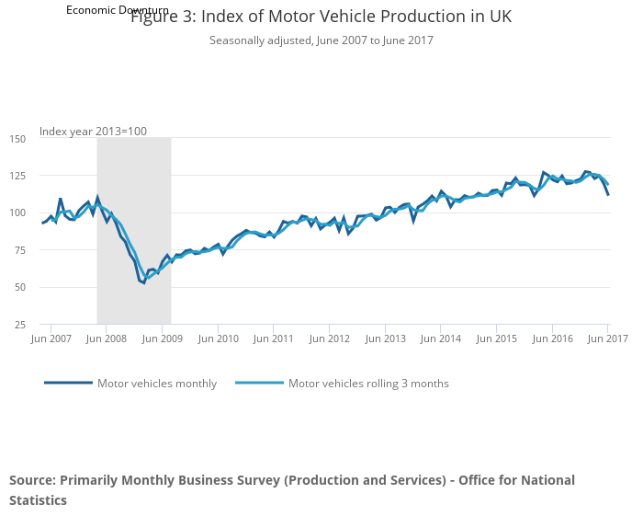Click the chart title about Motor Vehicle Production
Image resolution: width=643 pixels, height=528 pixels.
321,17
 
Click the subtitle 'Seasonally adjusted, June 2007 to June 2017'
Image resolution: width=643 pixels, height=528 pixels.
321,40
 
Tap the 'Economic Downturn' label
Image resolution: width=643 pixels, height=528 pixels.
117,9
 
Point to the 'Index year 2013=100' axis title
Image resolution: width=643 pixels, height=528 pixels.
93,132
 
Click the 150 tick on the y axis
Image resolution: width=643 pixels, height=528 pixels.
17,139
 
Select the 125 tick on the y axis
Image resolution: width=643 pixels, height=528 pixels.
17,176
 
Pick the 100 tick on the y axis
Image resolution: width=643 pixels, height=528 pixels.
17,213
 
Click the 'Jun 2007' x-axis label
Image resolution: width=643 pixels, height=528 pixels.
51,339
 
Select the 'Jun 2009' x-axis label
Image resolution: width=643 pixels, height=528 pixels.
163,339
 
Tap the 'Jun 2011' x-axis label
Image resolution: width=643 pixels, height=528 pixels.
274,339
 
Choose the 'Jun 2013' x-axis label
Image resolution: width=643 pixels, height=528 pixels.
386,339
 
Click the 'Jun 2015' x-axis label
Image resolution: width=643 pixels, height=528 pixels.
497,339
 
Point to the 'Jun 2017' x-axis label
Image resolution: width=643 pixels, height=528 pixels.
607,339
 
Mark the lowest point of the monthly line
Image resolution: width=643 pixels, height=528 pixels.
144,282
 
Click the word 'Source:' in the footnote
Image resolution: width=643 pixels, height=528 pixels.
32,480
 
